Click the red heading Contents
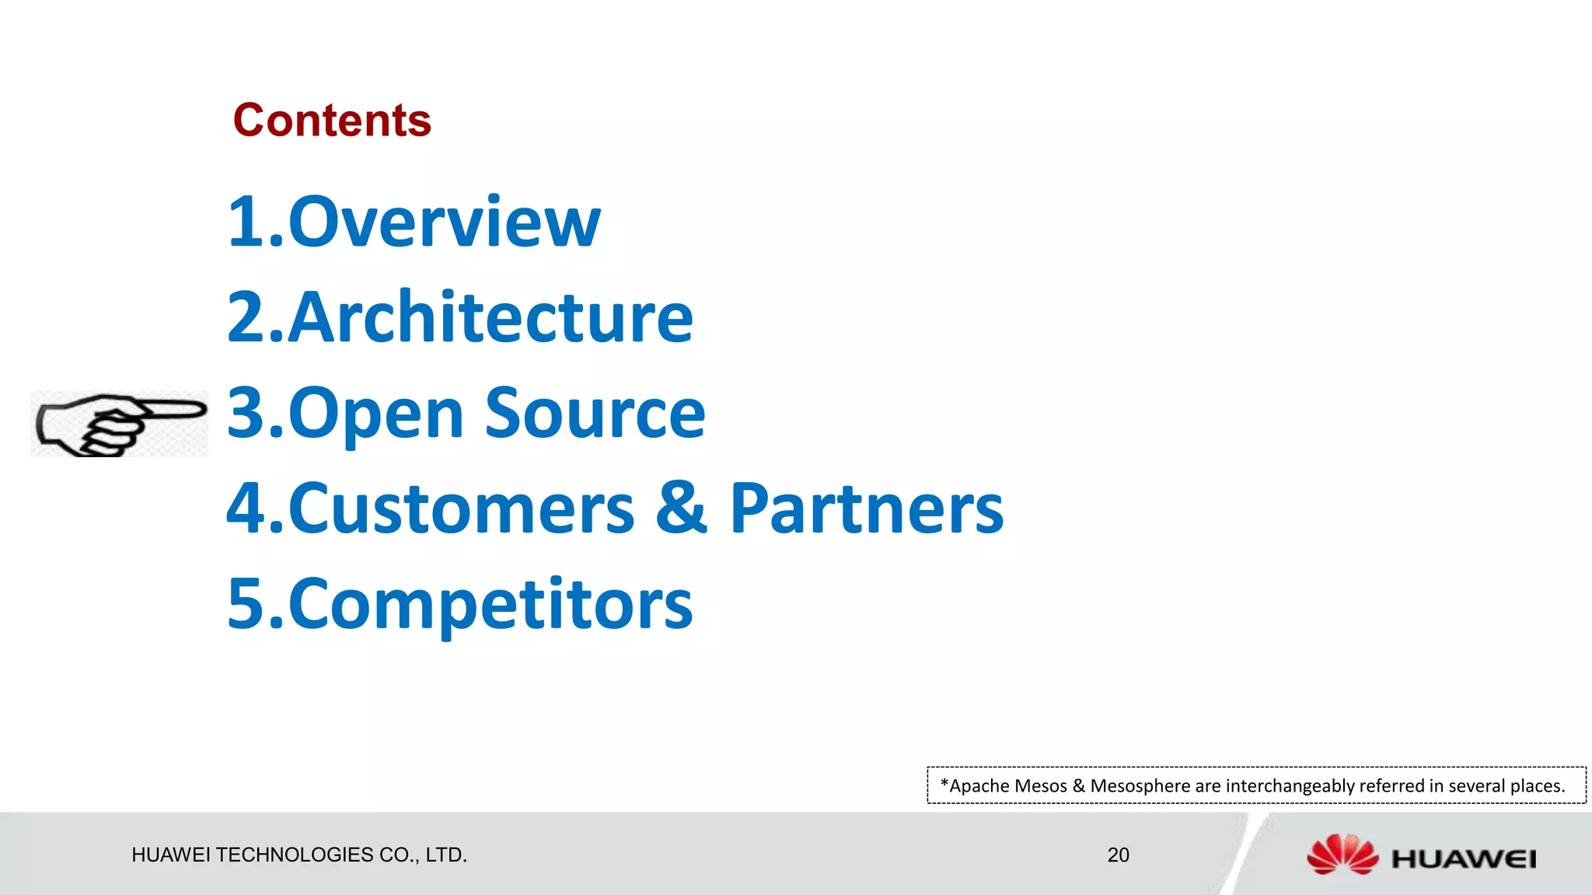tap(332, 121)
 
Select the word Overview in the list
tap(444, 222)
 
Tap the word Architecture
tap(491, 317)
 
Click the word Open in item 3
tap(376, 414)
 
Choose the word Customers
tap(462, 509)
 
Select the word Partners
tap(866, 509)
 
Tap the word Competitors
tap(491, 605)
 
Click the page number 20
tap(1118, 855)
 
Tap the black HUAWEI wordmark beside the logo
tap(1464, 859)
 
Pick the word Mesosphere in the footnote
tap(1140, 786)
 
